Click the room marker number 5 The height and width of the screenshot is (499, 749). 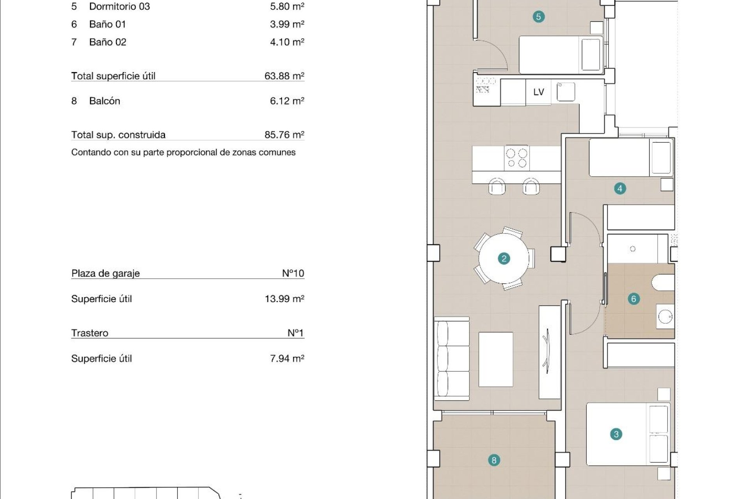(538, 17)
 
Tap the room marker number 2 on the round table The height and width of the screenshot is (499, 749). (504, 258)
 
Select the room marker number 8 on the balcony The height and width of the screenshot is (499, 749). (494, 460)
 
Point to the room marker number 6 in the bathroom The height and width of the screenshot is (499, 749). (634, 299)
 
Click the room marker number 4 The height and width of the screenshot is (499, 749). (620, 189)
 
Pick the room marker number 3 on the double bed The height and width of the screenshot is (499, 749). (616, 434)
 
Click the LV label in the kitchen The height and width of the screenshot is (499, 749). (538, 92)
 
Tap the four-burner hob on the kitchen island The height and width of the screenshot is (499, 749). (516, 158)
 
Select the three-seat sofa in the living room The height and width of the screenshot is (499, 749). (452, 358)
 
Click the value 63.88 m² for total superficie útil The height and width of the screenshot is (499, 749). (284, 76)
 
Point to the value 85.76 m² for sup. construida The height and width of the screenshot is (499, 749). (284, 135)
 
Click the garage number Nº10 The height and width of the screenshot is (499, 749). (293, 273)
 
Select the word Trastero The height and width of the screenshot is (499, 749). (90, 333)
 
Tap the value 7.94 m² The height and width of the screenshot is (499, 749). (287, 359)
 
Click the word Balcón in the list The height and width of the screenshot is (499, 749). (105, 101)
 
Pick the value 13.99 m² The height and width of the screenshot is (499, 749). (284, 299)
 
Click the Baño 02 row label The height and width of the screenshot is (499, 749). (108, 42)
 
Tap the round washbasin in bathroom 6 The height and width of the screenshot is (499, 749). (665, 317)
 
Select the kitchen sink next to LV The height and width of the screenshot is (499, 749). (565, 92)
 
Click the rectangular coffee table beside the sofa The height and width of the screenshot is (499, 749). (495, 359)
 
